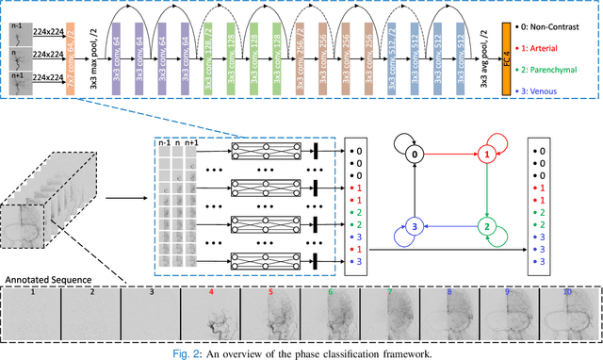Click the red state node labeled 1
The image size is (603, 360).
(x=488, y=152)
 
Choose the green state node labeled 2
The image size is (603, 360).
(x=488, y=227)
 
